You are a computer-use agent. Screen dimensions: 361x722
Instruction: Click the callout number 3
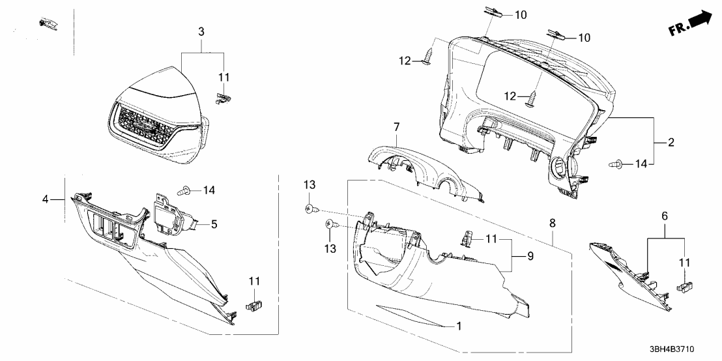coord(201,31)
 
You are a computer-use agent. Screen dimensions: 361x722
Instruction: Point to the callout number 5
coord(213,224)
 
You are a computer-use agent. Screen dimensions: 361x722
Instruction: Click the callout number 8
coord(553,223)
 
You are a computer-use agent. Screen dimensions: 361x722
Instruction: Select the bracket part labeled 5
coord(171,214)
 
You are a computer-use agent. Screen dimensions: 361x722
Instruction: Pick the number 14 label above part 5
coord(209,190)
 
